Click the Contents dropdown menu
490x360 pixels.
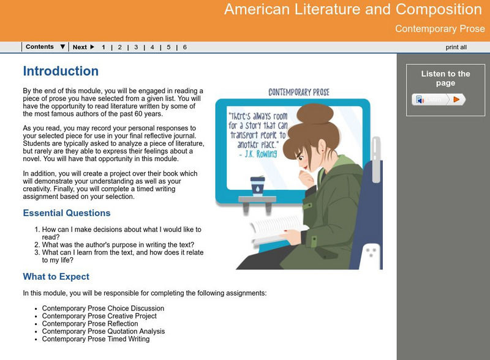45,47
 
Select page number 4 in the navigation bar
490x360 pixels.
152,47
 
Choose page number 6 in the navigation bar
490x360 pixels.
185,47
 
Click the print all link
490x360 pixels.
456,47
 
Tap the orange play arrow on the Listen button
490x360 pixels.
456,99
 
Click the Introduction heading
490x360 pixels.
61,71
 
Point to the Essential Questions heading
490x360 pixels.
67,213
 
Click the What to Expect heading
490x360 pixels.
56,277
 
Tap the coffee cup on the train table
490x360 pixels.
257,186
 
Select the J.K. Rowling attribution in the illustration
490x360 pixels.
258,154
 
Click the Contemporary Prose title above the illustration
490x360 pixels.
299,92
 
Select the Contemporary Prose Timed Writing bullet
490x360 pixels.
96,339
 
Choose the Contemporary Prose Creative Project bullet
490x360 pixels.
99,316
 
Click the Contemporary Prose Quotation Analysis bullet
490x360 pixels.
104,331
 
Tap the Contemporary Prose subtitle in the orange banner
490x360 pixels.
440,29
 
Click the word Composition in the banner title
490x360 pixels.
439,9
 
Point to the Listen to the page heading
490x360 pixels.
445,78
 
